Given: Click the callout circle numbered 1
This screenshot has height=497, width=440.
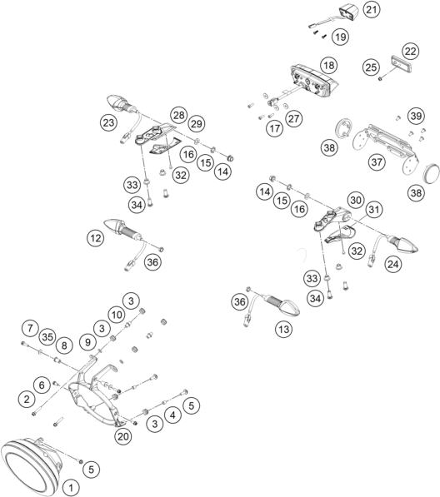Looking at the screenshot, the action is coord(71,488).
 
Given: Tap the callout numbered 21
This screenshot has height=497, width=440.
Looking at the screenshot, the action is coord(372,10).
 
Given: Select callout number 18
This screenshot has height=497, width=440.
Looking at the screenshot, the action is coord(328,65).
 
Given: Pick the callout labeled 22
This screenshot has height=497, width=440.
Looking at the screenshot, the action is coord(411,51).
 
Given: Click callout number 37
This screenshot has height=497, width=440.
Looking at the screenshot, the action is coord(377,162).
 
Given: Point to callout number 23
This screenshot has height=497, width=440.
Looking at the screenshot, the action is coord(108,122).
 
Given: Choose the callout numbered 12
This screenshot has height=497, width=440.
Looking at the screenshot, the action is coord(96,238).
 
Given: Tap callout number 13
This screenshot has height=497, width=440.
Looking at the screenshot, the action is coord(283,329).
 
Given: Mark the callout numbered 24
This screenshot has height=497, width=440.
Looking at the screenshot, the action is coord(393,264).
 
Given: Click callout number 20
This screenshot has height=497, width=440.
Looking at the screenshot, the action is coord(122,436).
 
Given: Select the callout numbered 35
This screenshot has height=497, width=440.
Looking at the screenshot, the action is coord(47,337).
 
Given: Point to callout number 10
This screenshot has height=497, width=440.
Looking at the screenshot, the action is coord(117,315).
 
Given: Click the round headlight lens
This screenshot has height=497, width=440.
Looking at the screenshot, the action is coord(31,466).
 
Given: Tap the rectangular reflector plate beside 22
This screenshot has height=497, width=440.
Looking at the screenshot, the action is coord(402,64).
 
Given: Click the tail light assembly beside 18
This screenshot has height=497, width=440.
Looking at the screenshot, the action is coord(314,81).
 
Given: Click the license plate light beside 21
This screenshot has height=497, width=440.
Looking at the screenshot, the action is coord(347,12).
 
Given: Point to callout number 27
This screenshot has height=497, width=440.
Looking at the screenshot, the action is coord(294,118).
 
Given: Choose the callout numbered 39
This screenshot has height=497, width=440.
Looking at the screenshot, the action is coord(416,116).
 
